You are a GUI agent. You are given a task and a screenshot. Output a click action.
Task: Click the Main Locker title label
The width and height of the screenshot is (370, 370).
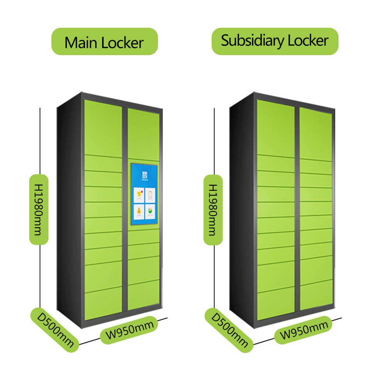click(x=104, y=42)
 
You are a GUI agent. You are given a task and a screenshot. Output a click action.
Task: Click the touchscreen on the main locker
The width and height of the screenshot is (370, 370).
click(x=145, y=194)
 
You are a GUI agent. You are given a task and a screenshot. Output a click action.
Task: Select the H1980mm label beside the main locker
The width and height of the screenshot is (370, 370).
click(x=39, y=209)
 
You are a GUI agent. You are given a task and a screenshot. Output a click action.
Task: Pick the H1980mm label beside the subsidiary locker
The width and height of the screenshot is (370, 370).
click(x=213, y=210)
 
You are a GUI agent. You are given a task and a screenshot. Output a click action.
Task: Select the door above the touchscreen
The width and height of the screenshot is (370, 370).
click(x=143, y=135)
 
